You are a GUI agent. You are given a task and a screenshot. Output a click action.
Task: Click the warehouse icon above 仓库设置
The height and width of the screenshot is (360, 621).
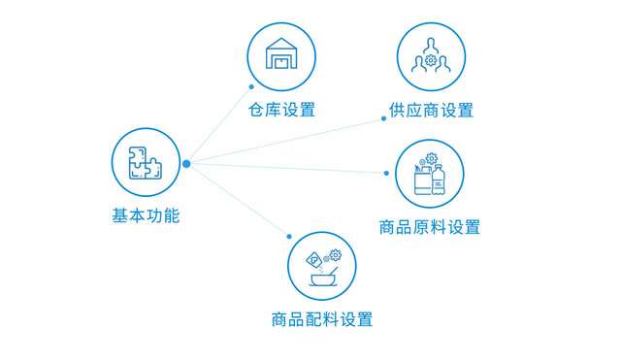tap(281, 55)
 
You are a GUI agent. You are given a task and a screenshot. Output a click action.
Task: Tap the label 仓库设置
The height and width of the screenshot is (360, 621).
tap(281, 109)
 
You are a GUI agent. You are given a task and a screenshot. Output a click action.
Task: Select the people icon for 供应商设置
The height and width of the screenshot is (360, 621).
tap(429, 55)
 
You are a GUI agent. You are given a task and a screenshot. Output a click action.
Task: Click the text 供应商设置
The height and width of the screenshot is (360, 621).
tap(429, 110)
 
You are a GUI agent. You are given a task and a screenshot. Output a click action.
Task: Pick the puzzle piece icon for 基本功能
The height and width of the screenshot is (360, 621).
tap(146, 160)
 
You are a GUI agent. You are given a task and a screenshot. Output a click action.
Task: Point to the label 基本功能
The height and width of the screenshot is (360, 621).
tap(146, 215)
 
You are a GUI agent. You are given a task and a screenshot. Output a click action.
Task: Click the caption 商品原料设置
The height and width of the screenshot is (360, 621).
tap(429, 228)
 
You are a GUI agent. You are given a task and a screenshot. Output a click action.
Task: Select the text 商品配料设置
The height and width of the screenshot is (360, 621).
tap(322, 319)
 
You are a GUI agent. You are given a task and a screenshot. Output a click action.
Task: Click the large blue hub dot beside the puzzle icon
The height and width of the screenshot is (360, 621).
tap(186, 163)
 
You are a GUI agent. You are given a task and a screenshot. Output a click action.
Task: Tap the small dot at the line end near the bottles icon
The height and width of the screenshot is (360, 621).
tap(386, 173)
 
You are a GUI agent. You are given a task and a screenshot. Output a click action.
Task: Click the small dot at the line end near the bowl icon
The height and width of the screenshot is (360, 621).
tap(289, 236)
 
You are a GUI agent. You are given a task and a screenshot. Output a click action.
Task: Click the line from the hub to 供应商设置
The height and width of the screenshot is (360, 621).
tap(286, 141)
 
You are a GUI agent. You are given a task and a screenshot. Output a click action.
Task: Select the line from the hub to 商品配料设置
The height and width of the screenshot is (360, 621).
tap(238, 199)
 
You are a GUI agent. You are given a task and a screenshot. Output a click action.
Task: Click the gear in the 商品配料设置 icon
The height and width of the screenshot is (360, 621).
tap(336, 255)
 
